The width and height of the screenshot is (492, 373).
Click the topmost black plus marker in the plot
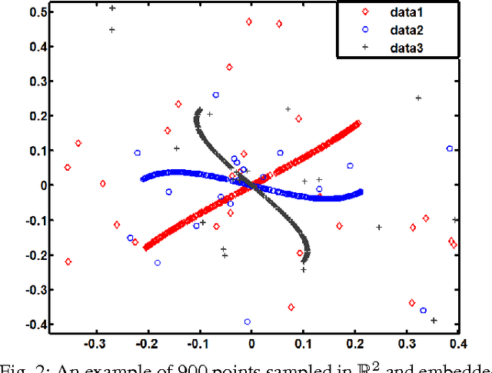112,8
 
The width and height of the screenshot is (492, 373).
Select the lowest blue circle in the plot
247,322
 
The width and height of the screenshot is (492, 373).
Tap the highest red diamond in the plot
249,22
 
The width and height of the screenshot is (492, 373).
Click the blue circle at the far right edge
450,148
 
